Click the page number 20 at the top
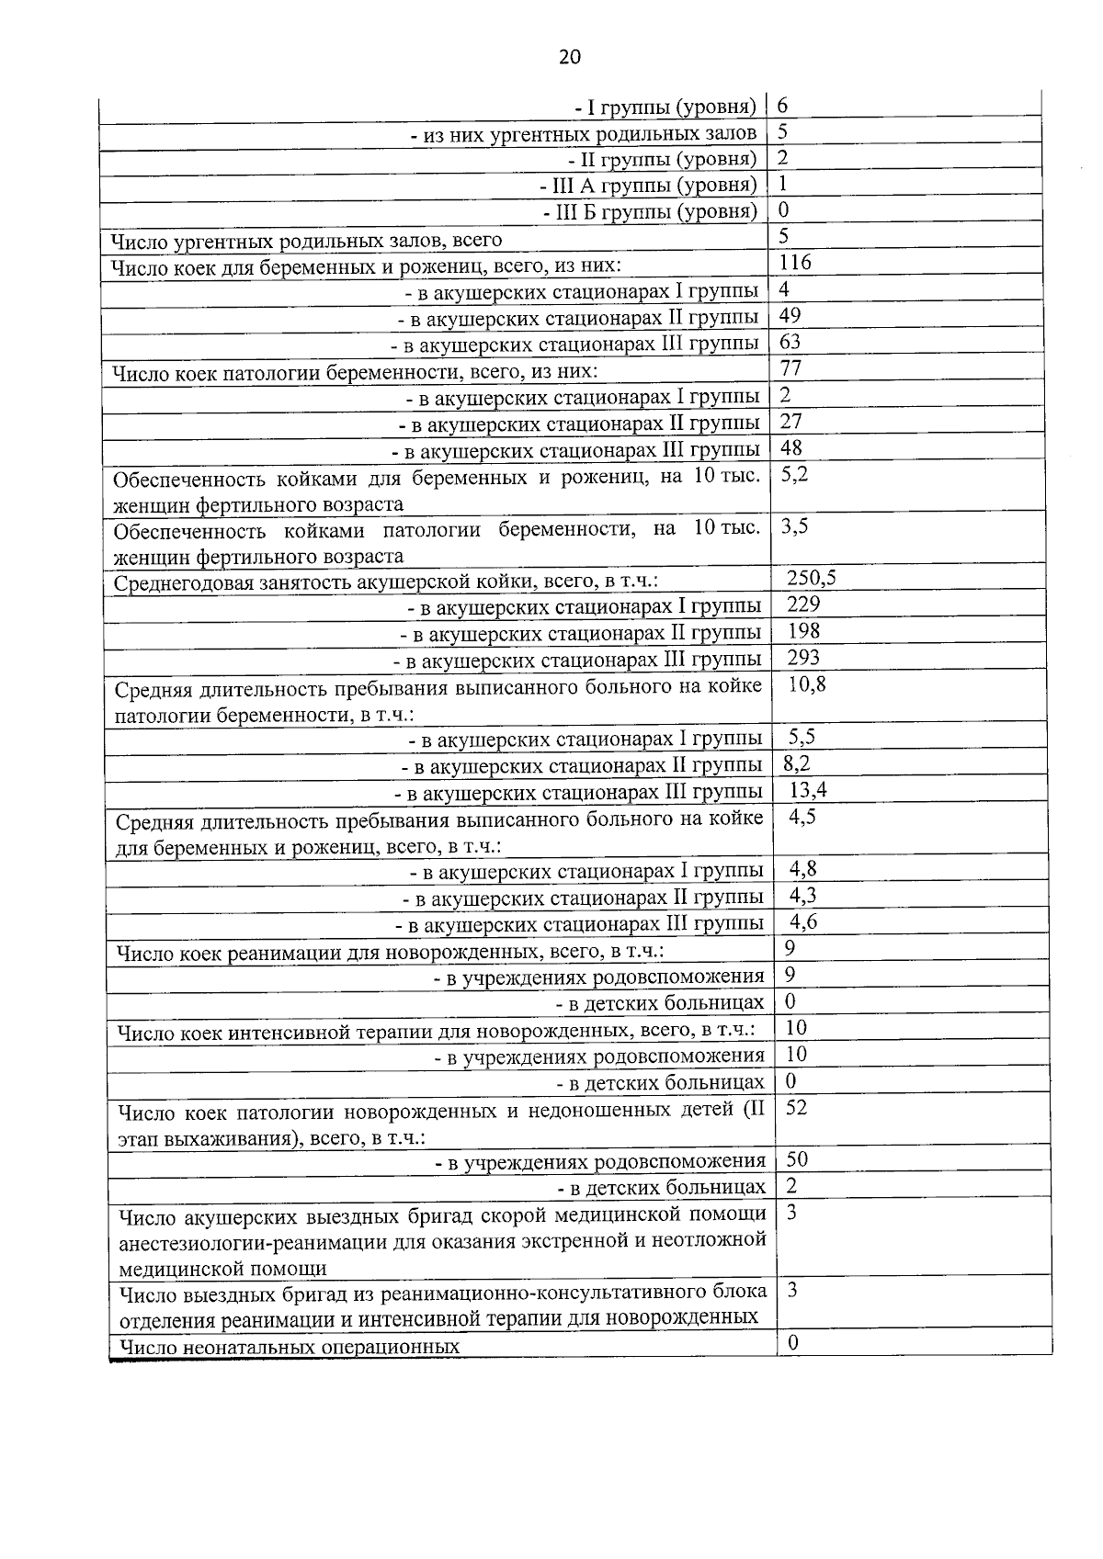(x=569, y=57)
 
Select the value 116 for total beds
(x=795, y=263)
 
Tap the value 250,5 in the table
(x=811, y=578)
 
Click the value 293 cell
(x=803, y=658)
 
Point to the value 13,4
(x=808, y=790)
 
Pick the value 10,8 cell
(x=807, y=684)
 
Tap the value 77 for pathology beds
(x=790, y=368)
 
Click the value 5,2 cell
(x=794, y=475)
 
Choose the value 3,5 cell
(x=794, y=526)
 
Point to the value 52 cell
(x=796, y=1108)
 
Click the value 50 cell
(x=796, y=1160)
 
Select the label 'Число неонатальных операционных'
(x=290, y=1348)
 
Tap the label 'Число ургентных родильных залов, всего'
(x=306, y=241)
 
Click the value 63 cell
(x=790, y=343)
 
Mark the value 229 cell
(x=803, y=604)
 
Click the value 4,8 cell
(x=803, y=869)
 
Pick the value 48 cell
(x=790, y=448)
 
